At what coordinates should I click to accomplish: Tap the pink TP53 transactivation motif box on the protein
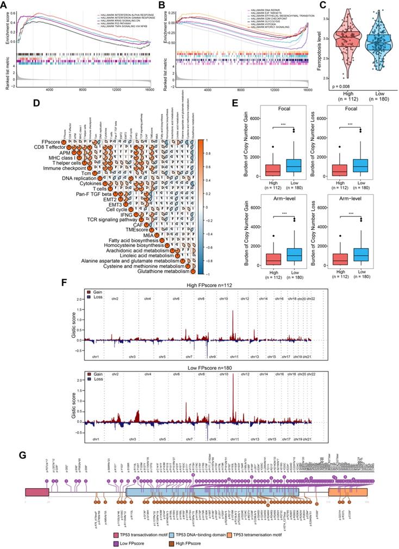coord(37,491)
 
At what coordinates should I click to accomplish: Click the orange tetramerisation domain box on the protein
coord(348,491)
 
